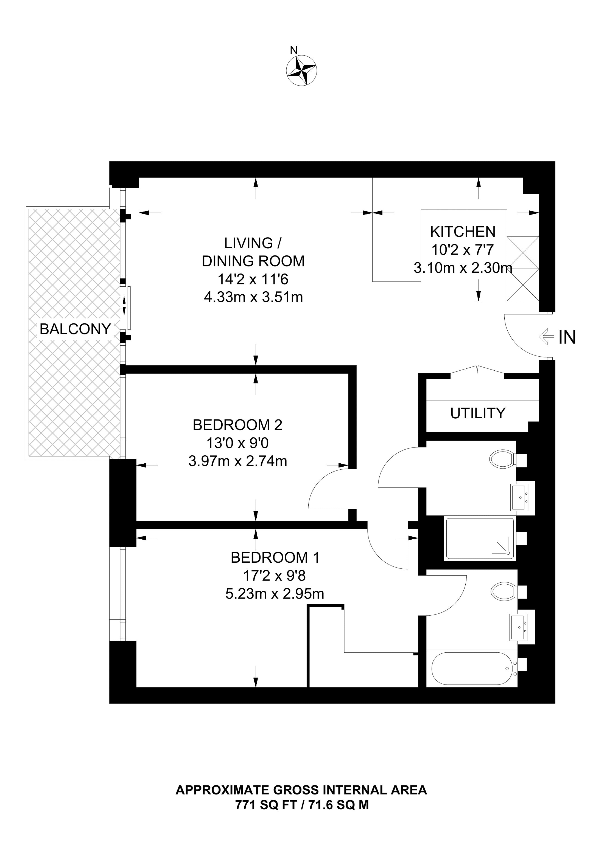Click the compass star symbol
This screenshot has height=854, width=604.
(301, 71)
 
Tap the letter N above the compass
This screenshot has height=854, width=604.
(294, 50)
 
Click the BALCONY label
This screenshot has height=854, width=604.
(75, 329)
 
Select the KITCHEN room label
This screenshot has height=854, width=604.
(463, 232)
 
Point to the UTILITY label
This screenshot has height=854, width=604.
(478, 413)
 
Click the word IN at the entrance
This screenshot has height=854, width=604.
(567, 337)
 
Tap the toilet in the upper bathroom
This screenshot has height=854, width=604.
(502, 461)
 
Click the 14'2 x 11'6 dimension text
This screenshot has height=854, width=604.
(253, 279)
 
